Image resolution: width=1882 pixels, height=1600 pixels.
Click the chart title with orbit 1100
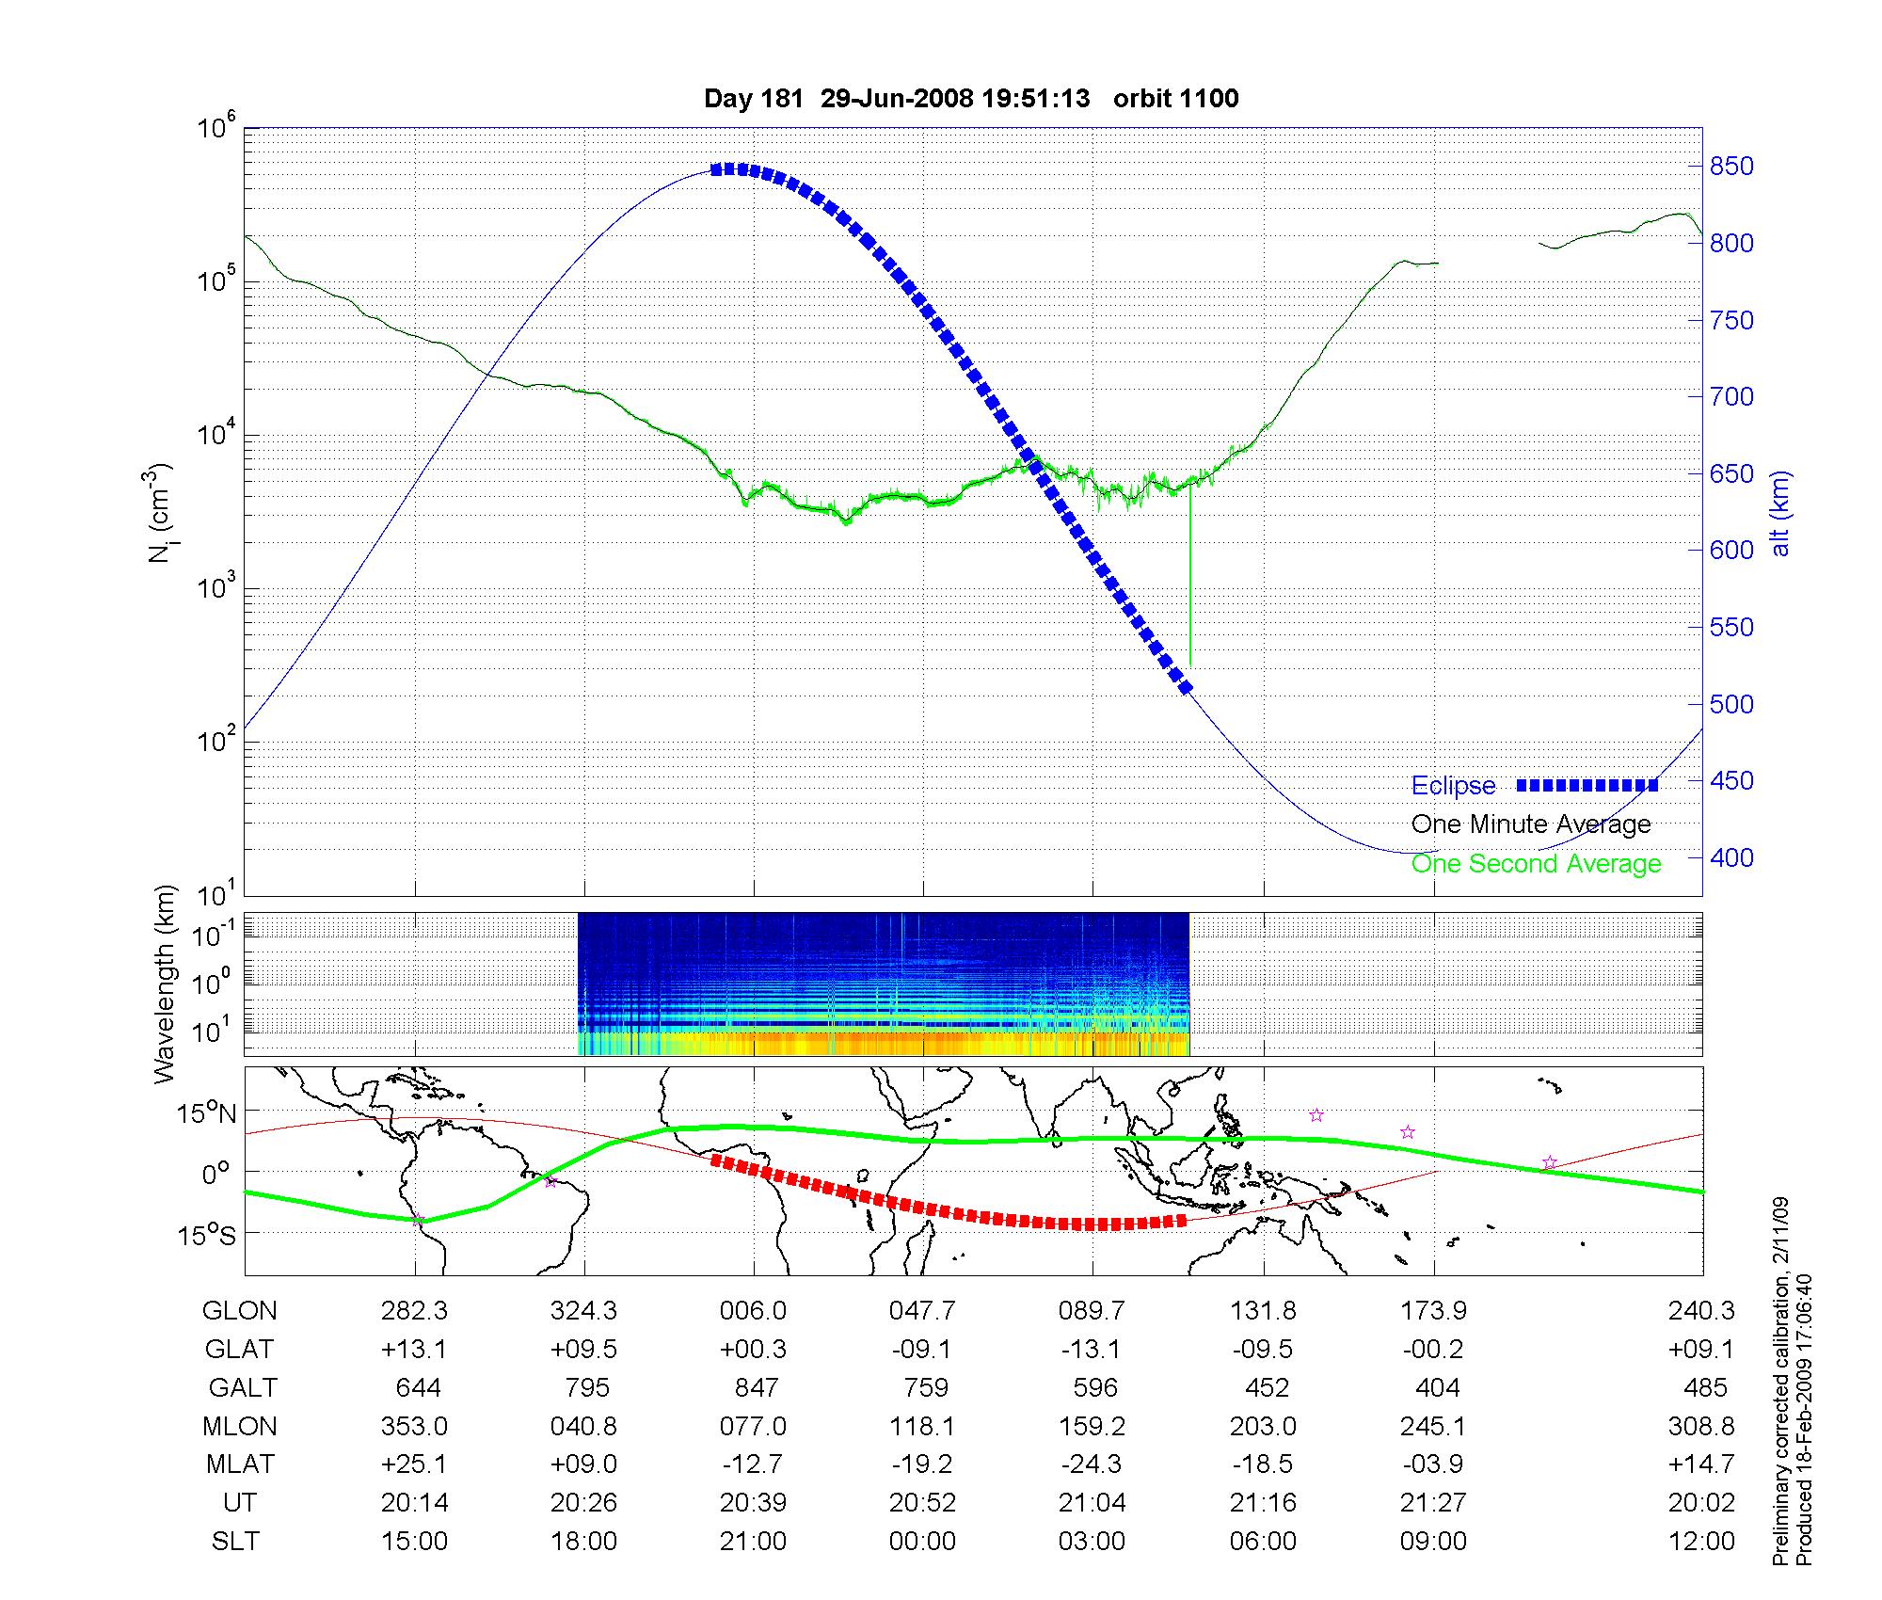(971, 98)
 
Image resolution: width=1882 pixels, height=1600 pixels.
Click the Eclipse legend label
(1453, 786)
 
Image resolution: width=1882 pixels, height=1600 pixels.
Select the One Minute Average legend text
(1531, 824)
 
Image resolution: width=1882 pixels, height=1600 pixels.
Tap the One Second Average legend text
(1536, 864)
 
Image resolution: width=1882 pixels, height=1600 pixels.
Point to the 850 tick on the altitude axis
(1731, 167)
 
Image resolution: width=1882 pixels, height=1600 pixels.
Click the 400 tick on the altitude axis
(1731, 857)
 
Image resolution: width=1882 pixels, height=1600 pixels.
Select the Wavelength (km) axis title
(167, 984)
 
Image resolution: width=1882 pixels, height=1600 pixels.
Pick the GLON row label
(239, 1311)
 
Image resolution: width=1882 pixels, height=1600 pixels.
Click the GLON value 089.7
(1092, 1311)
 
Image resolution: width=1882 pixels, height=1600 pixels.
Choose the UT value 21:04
(1092, 1503)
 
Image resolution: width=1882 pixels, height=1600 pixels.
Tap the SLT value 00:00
(922, 1542)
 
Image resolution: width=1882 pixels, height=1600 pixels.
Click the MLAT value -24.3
(1092, 1464)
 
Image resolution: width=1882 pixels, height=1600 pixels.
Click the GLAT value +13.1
(414, 1350)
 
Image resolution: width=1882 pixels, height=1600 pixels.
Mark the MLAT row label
(240, 1464)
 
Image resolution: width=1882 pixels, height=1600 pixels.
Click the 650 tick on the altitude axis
(1731, 474)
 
